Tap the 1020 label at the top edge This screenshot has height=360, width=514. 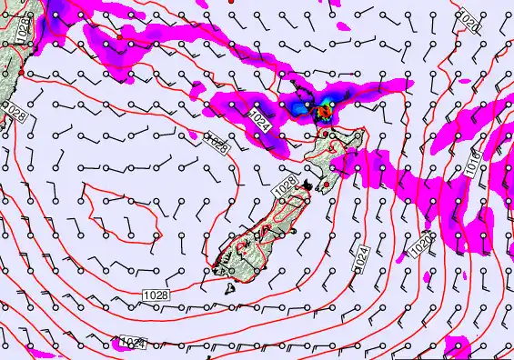point(468,17)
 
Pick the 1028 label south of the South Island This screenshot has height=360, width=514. point(155,295)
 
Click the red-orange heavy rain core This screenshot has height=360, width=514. point(323,114)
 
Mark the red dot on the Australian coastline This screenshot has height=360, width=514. point(20,73)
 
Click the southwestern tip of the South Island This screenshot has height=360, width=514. point(217,266)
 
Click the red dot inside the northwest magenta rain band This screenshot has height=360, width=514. point(119,40)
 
